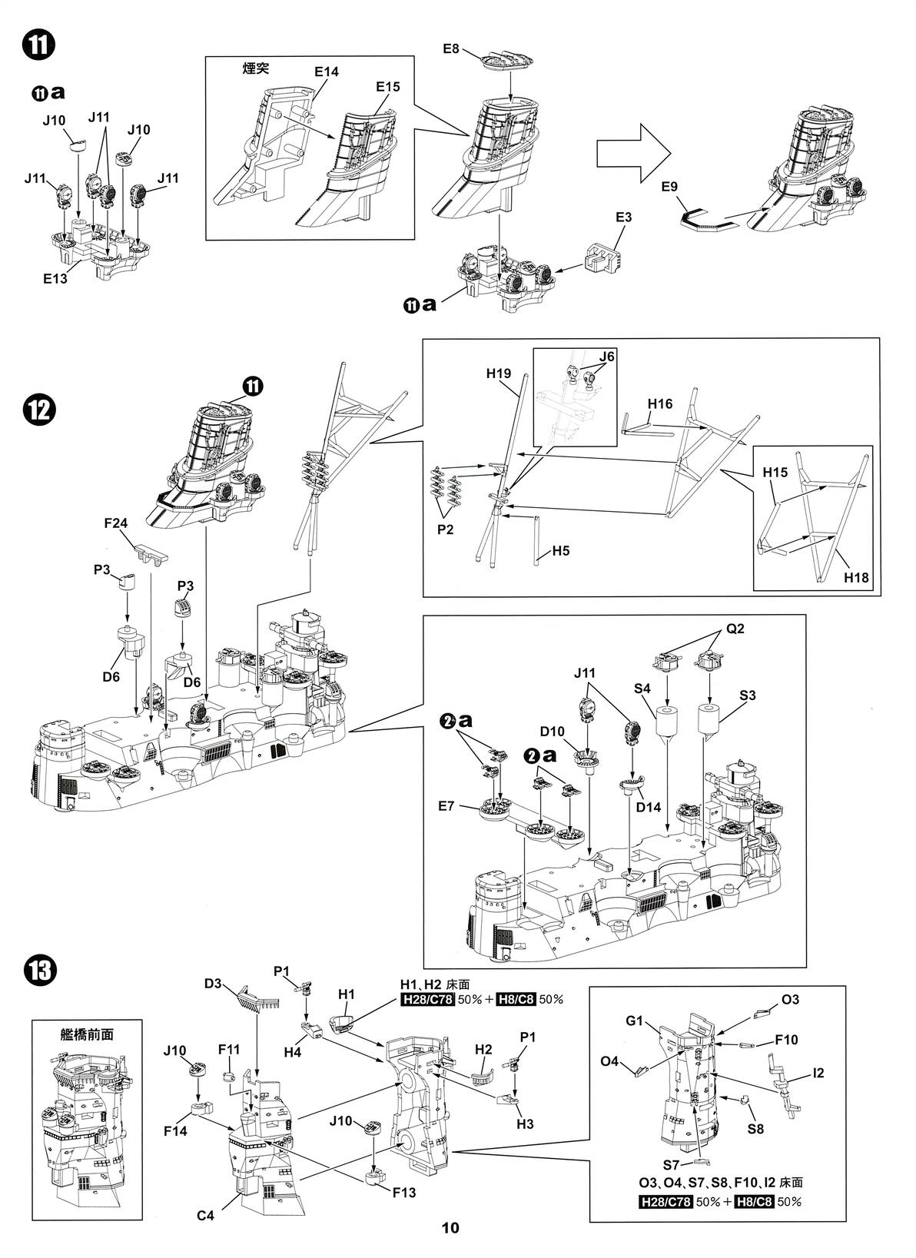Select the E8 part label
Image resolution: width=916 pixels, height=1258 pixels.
pos(451,49)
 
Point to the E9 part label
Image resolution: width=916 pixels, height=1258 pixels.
pos(670,187)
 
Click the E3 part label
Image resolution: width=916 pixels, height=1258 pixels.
pos(624,217)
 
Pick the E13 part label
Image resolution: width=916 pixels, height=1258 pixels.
pos(55,279)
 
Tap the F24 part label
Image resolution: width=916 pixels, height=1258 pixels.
pos(117,523)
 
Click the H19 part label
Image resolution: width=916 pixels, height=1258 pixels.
pos(499,373)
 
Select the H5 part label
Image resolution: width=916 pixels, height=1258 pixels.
pos(560,551)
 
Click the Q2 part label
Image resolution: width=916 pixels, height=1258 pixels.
pos(735,629)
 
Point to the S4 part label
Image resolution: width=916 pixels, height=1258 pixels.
pos(643,690)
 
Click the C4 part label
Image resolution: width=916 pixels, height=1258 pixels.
pos(205,1215)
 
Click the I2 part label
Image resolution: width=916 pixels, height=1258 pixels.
pos(818,1073)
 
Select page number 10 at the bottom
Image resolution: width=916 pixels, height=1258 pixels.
pos(450,1228)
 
